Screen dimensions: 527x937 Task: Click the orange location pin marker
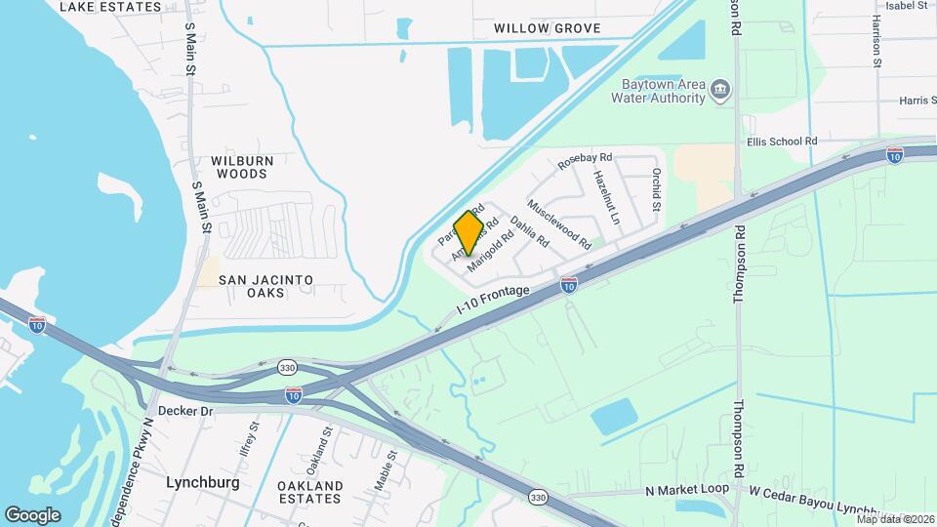coord(469,233)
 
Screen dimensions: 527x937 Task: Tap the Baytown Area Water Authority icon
coord(721,91)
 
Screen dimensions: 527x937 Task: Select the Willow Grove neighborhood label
coord(547,28)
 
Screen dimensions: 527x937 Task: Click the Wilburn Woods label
coord(240,167)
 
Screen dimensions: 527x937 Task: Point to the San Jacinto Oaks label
coord(265,286)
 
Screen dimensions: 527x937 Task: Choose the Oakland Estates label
coord(309,492)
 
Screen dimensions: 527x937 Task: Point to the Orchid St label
coord(656,191)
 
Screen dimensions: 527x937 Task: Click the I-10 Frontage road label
coord(493,300)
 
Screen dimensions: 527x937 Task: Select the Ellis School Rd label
coord(781,142)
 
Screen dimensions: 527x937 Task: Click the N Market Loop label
coord(687,491)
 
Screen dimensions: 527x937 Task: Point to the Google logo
coord(33,514)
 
